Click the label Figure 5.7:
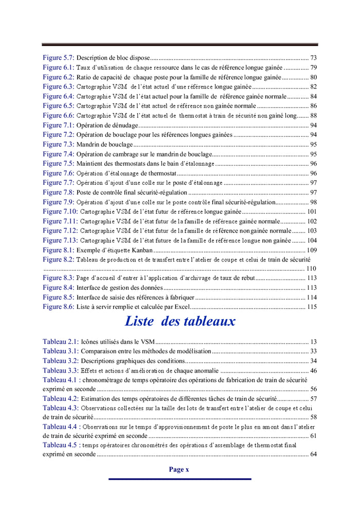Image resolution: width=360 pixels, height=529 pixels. coord(59,58)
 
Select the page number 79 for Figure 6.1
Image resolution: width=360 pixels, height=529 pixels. coord(313,67)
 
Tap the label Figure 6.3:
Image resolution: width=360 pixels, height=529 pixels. coord(59,86)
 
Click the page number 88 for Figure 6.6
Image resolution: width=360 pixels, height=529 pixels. coord(313,115)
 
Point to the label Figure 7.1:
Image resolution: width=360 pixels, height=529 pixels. coord(59,125)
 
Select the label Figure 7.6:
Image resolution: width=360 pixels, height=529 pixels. coord(59,173)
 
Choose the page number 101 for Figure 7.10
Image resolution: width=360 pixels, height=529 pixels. coord(312,211)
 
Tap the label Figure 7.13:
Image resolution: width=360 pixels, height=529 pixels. coord(60,240)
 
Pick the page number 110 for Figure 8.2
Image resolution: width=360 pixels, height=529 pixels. coord(311,269)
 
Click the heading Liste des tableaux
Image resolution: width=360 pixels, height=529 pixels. coord(180,322)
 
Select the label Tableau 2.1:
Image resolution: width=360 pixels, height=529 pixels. coord(61,342)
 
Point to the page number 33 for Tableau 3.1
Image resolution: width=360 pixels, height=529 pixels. coord(313,351)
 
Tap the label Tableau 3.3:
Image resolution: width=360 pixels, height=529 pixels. coord(61,371)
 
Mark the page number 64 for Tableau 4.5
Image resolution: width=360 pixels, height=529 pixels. coord(313,454)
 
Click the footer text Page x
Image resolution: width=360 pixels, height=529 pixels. coord(179,469)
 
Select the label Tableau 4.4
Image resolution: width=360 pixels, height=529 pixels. coord(60,427)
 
